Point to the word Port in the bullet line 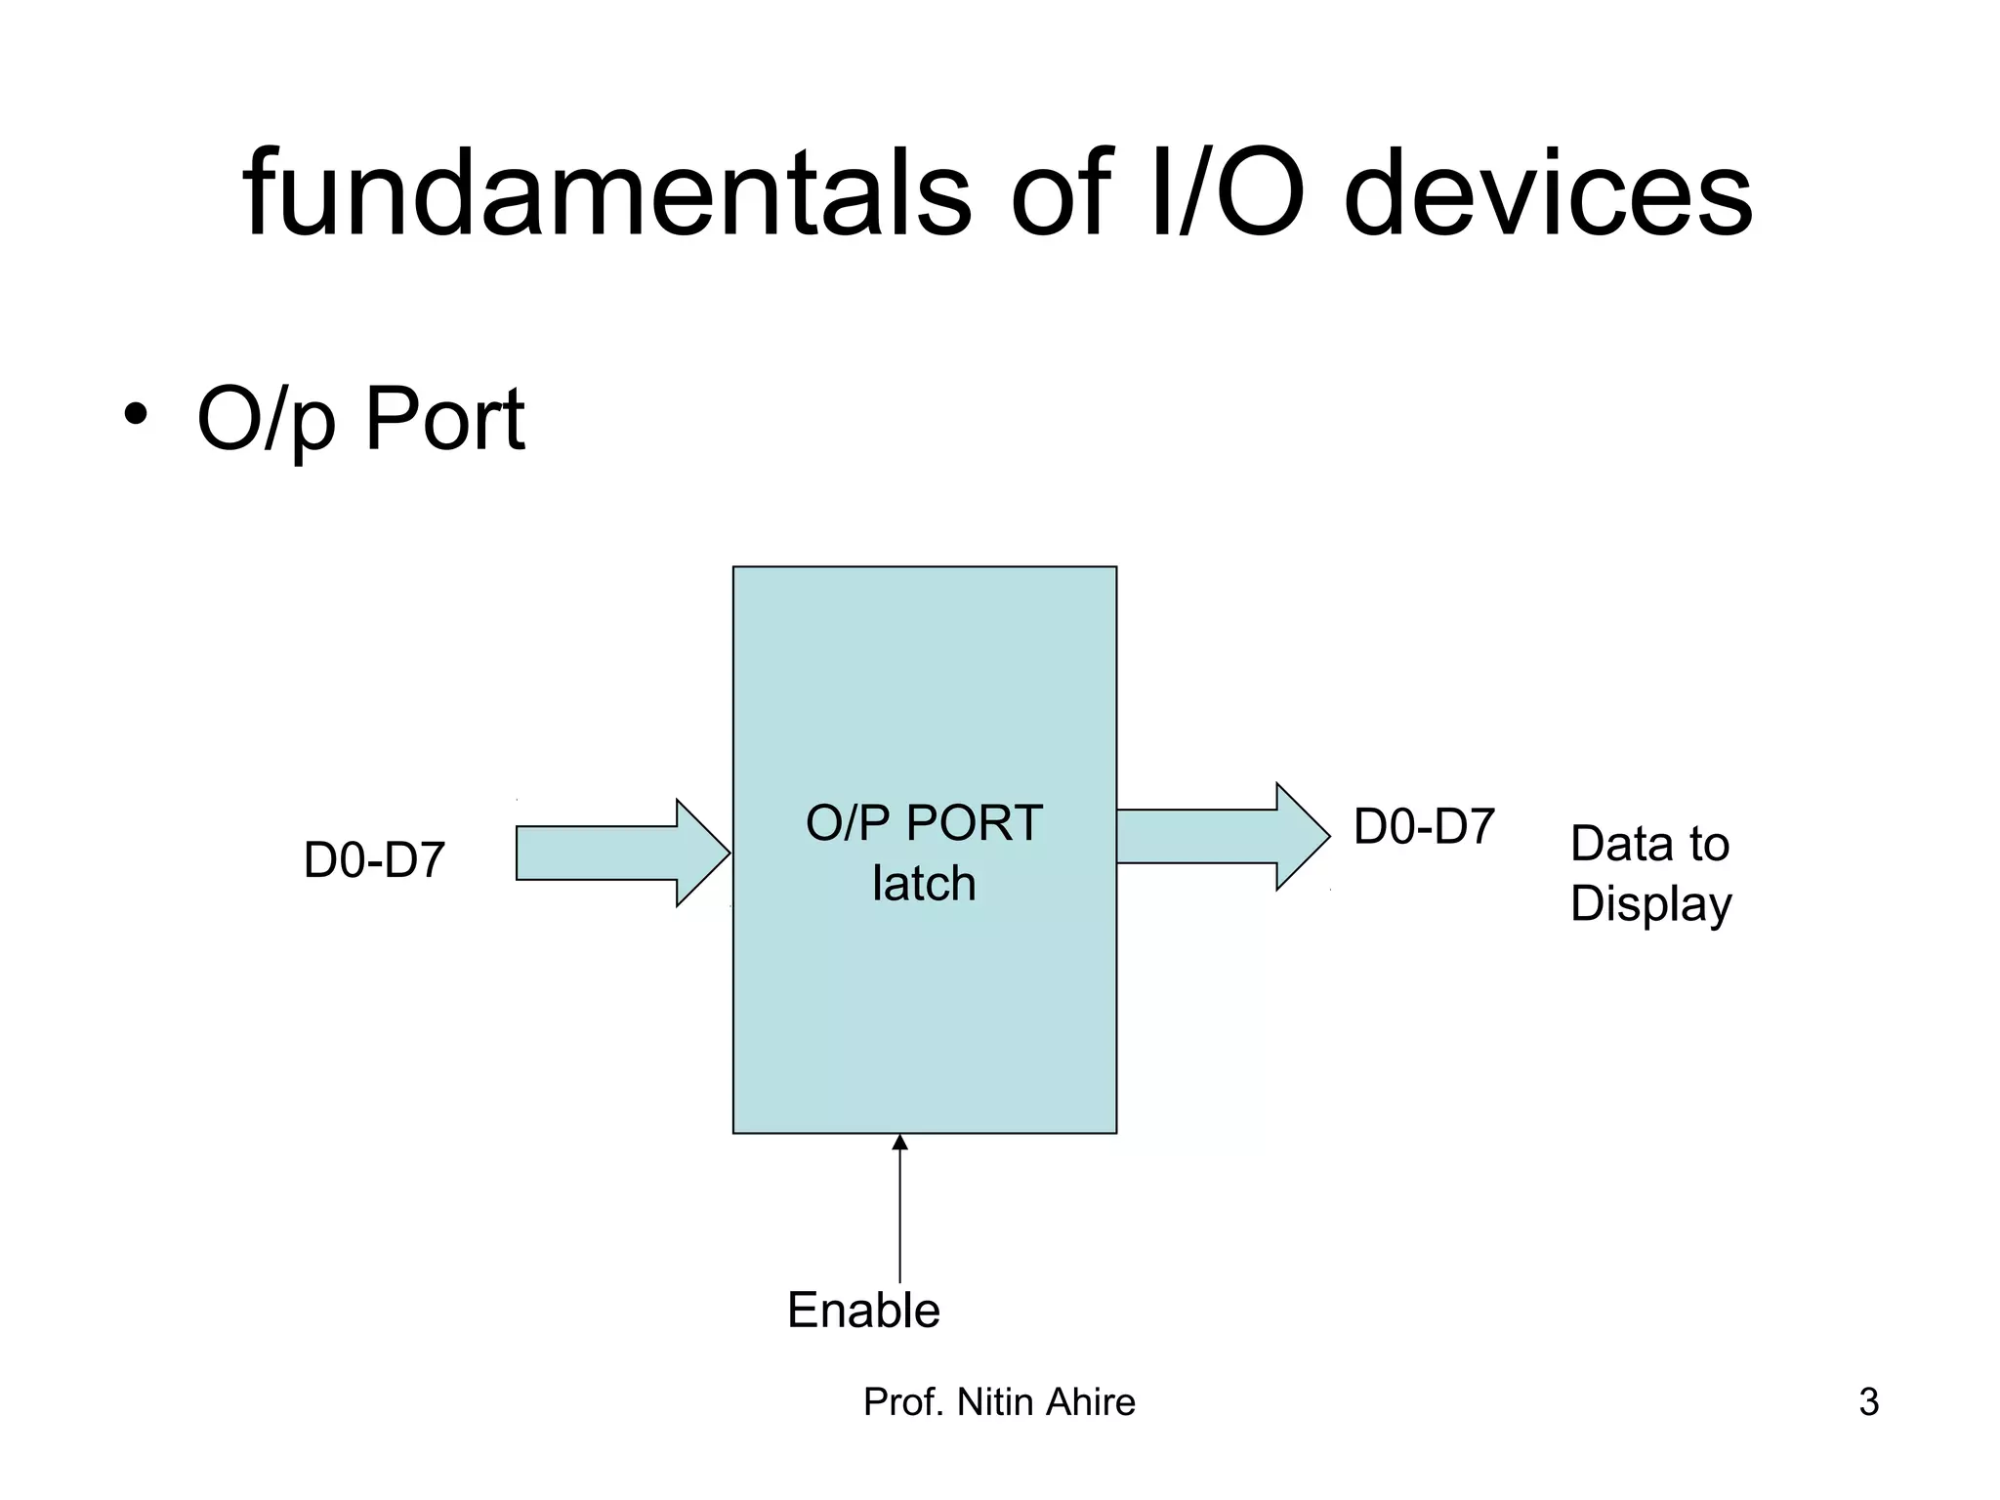pos(444,420)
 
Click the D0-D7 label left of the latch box pos(374,860)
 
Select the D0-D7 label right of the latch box pos(1424,827)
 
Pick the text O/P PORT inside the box pos(924,823)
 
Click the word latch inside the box pos(924,884)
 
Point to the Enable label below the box pos(863,1311)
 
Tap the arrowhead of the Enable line pos(899,1142)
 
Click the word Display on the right pos(1650,904)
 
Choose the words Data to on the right pos(1649,844)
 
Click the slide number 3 pos(1868,1402)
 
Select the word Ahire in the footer pos(1091,1402)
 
